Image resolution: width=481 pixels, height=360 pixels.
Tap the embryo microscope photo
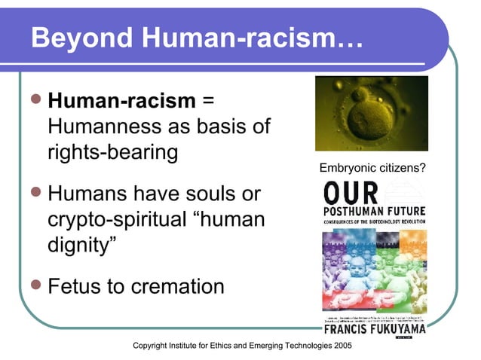click(371, 114)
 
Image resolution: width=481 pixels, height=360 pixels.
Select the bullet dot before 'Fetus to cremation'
click(36, 286)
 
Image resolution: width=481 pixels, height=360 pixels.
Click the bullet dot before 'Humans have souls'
click(36, 194)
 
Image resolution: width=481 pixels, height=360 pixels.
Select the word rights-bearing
click(112, 153)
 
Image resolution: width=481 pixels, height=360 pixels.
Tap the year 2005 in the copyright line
click(339, 346)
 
